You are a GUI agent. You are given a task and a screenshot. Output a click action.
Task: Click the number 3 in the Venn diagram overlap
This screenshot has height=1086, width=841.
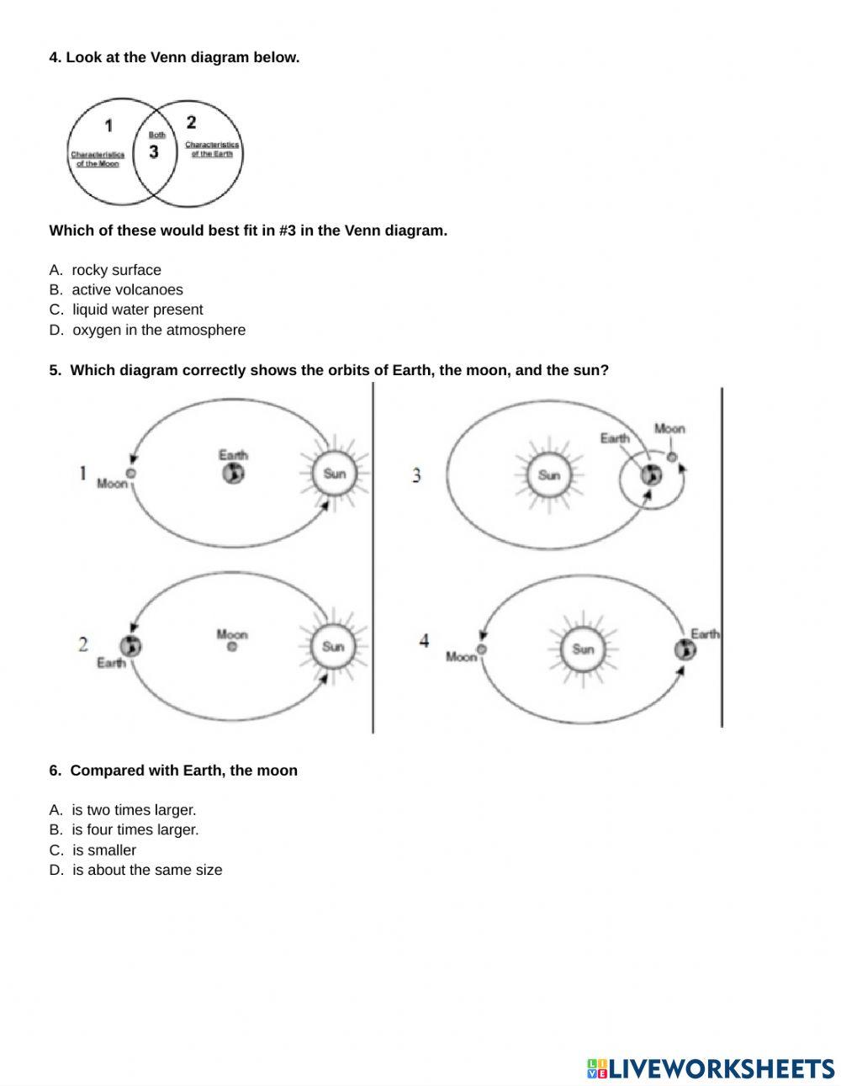click(153, 152)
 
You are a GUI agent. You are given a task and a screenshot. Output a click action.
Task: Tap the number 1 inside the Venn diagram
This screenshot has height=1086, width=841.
click(108, 126)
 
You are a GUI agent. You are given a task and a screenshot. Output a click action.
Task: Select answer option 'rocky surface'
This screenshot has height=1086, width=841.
click(116, 270)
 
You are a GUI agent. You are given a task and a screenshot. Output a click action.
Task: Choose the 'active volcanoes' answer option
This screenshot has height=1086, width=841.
click(127, 289)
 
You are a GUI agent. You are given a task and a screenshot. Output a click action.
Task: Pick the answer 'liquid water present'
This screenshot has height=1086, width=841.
click(137, 310)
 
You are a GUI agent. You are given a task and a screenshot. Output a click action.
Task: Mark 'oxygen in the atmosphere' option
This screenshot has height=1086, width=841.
click(159, 330)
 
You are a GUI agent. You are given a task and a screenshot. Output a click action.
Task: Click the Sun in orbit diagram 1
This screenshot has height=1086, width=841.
click(334, 474)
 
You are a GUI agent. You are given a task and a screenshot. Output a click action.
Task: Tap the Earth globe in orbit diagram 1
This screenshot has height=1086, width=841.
click(233, 474)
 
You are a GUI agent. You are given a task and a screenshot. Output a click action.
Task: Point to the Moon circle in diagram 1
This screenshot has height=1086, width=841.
click(131, 474)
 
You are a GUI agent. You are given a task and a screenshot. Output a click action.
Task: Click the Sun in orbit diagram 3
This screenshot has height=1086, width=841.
click(548, 475)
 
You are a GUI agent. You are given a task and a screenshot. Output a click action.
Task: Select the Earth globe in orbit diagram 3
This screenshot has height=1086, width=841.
click(650, 475)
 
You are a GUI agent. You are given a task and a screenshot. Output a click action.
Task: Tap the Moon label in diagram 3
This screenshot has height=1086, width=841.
click(669, 429)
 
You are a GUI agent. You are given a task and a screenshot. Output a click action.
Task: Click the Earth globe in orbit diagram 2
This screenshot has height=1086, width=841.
click(130, 646)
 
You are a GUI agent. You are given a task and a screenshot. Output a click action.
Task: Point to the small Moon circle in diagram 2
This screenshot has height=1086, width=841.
click(232, 647)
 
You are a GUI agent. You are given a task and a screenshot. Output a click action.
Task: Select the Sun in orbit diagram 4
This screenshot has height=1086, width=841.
click(583, 649)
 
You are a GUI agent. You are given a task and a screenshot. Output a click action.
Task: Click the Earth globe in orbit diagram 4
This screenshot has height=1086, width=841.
click(685, 649)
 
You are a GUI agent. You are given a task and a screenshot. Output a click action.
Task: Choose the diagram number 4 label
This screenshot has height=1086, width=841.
click(424, 641)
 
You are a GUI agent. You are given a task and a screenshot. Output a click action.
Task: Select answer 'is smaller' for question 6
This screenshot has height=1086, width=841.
click(103, 850)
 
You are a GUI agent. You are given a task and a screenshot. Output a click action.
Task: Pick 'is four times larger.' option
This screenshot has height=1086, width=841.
click(135, 829)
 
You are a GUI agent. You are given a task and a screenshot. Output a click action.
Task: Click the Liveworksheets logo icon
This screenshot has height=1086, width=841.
click(597, 1069)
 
